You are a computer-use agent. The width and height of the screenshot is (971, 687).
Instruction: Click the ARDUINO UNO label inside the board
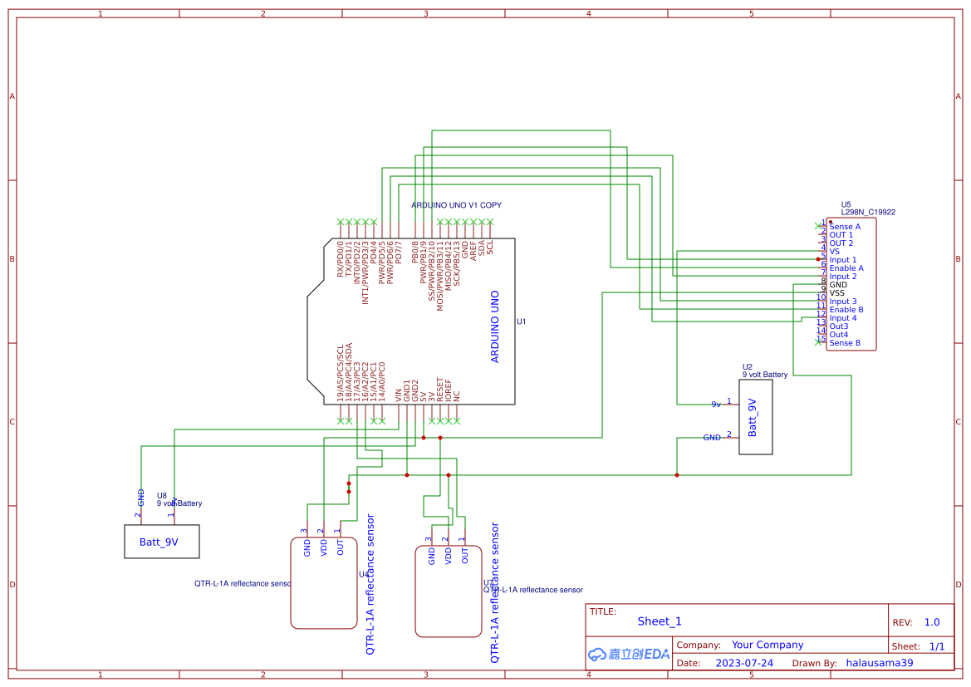pyautogui.click(x=495, y=326)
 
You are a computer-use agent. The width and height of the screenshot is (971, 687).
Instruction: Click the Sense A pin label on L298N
pyautogui.click(x=845, y=227)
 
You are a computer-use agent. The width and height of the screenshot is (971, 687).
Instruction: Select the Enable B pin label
pyautogui.click(x=846, y=310)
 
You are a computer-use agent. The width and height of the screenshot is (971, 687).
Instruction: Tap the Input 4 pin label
pyautogui.click(x=843, y=318)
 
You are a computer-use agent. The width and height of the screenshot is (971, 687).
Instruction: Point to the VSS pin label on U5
pyautogui.click(x=837, y=293)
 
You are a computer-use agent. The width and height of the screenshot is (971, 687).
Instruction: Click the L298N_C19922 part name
pyautogui.click(x=868, y=213)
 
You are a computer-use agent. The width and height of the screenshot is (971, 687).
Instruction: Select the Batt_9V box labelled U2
pyautogui.click(x=755, y=417)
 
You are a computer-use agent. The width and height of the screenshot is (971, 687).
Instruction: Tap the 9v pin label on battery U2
pyautogui.click(x=716, y=405)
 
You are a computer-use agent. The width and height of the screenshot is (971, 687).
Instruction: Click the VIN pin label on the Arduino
pyautogui.click(x=398, y=396)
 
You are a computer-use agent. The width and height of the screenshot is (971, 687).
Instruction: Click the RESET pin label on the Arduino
pyautogui.click(x=439, y=391)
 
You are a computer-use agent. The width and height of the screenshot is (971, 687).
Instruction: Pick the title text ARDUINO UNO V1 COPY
pyautogui.click(x=456, y=205)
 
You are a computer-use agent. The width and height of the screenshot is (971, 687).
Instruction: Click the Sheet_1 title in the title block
pyautogui.click(x=660, y=621)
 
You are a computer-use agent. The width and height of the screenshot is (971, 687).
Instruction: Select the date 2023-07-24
pyautogui.click(x=744, y=663)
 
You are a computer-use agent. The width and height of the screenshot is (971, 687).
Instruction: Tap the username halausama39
pyautogui.click(x=880, y=663)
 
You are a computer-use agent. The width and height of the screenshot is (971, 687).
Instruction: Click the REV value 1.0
pyautogui.click(x=931, y=622)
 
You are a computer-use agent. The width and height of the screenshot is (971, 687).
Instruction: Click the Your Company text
pyautogui.click(x=767, y=645)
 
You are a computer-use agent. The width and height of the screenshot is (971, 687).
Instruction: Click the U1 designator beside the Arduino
pyautogui.click(x=522, y=321)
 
